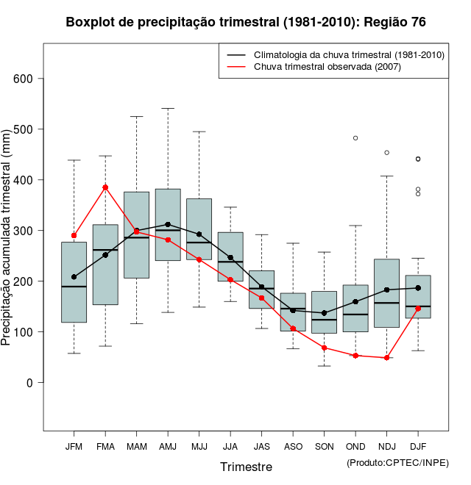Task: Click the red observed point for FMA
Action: pos(105,187)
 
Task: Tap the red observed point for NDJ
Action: pos(386,358)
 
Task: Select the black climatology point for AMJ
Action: pos(168,224)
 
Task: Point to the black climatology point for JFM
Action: pos(74,277)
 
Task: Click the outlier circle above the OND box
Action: pos(355,138)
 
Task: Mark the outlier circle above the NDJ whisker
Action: pos(386,153)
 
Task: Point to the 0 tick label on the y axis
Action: pos(30,382)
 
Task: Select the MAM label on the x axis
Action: pos(136,447)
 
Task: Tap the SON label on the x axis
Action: pos(324,447)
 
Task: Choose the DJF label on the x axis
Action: pos(418,447)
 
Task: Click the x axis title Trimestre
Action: pos(246,467)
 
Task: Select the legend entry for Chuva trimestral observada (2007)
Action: pos(327,67)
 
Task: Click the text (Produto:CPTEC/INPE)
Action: pos(397,462)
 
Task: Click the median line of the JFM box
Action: pos(74,286)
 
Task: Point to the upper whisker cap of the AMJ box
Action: pos(168,108)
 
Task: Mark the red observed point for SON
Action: pos(324,348)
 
